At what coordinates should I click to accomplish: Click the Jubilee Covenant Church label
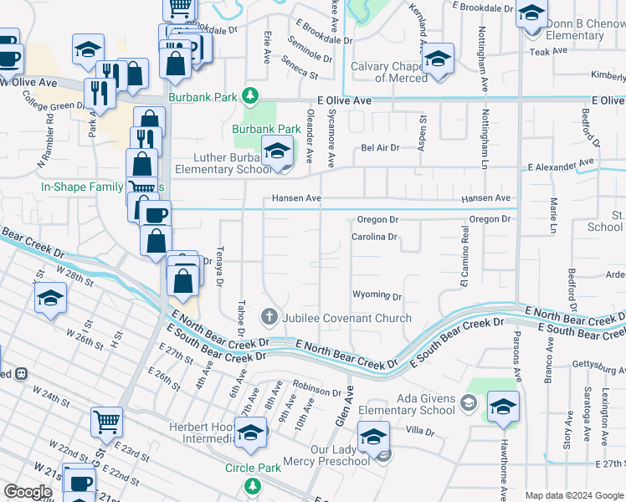(346, 318)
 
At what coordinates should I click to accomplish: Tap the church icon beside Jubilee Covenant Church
(269, 317)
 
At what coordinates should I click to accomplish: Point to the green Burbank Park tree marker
(249, 95)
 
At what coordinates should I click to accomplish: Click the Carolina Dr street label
(373, 237)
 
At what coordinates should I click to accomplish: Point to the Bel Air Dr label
(380, 147)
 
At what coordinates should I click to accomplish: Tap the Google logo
(28, 492)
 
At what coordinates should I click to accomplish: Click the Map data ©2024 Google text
(572, 495)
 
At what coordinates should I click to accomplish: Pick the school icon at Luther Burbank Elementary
(276, 152)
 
